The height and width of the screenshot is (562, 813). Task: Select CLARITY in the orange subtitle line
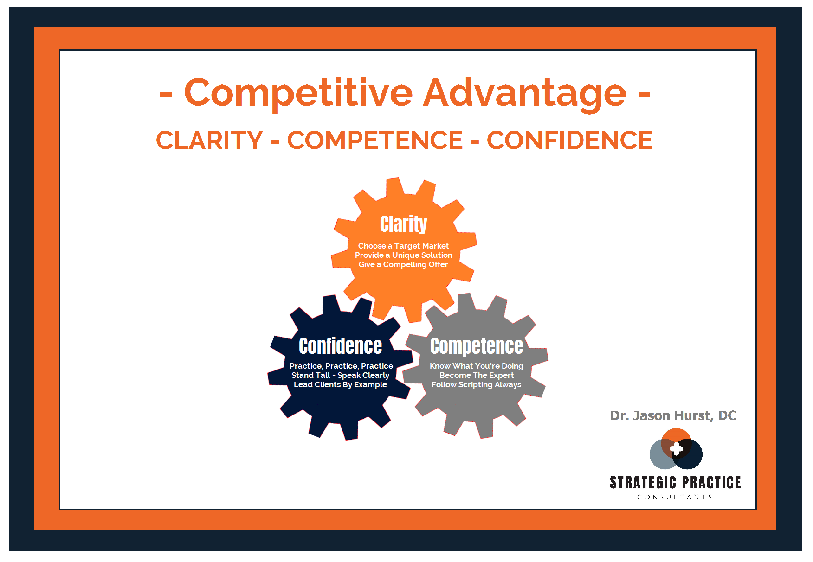point(209,140)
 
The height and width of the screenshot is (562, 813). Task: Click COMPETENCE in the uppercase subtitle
point(375,140)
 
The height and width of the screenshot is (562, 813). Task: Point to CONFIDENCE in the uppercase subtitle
point(569,140)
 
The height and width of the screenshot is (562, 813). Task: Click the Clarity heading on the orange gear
point(403,224)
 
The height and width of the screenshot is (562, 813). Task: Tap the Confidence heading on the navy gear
point(341,346)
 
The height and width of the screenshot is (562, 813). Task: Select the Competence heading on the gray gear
point(477,346)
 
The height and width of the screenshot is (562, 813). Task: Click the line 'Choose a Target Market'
point(403,246)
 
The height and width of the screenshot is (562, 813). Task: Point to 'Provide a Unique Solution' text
point(403,255)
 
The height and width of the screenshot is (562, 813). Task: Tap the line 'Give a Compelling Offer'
point(403,264)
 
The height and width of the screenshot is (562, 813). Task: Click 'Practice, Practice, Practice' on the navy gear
point(341,366)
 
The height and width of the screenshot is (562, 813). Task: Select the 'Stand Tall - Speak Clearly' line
point(340,375)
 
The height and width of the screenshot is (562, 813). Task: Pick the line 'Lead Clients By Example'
point(340,384)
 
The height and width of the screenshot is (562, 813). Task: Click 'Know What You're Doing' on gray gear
point(477,366)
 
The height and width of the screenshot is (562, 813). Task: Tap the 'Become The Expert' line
point(477,375)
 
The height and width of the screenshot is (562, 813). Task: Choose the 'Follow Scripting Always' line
point(477,384)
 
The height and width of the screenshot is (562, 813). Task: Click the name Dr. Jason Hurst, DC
point(673,415)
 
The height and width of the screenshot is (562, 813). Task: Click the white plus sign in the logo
point(677,448)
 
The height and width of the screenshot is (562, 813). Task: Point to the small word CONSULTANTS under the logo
point(675,497)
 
